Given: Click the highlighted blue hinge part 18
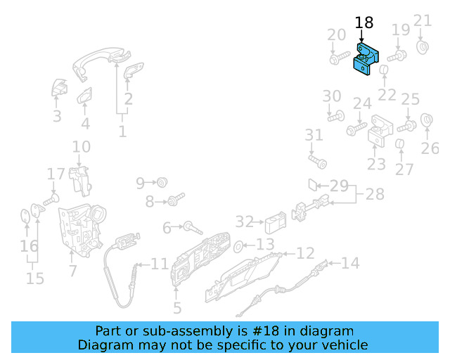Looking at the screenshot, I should pyautogui.click(x=366, y=58).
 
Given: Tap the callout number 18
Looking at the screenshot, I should pyautogui.click(x=364, y=22).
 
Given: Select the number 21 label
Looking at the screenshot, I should pyautogui.click(x=422, y=20).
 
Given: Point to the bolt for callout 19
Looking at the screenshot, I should pyautogui.click(x=397, y=55).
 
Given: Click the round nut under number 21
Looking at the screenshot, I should pyautogui.click(x=423, y=47).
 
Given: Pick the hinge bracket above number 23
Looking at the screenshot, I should pyautogui.click(x=380, y=131).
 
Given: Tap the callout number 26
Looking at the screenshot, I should pyautogui.click(x=430, y=148).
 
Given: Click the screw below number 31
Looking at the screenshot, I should pyautogui.click(x=321, y=162).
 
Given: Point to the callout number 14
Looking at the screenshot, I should pyautogui.click(x=350, y=263).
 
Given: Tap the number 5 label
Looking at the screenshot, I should pyautogui.click(x=177, y=307).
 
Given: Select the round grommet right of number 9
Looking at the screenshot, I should pyautogui.click(x=162, y=182).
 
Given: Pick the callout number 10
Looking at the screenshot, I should pyautogui.click(x=82, y=147).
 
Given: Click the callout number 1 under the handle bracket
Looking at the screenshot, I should pyautogui.click(x=122, y=131).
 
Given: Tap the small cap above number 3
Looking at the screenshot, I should pyautogui.click(x=58, y=89).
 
